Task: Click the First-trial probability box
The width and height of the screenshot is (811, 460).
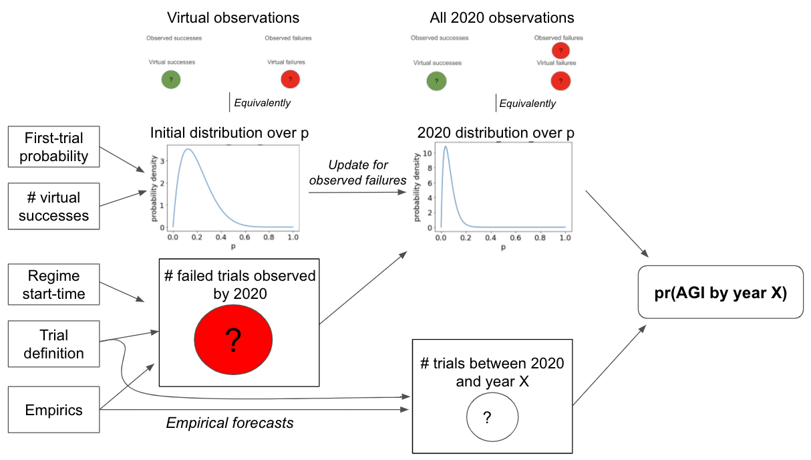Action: click(54, 147)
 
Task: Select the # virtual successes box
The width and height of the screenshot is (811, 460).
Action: click(54, 206)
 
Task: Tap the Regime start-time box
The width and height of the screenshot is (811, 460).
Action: click(54, 285)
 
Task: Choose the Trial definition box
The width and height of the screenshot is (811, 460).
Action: click(54, 344)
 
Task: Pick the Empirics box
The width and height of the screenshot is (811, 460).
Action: click(54, 410)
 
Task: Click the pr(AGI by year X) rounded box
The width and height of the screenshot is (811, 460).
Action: click(721, 292)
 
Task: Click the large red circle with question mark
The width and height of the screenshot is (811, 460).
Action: click(233, 340)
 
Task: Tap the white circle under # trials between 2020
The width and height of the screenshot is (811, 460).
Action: click(492, 417)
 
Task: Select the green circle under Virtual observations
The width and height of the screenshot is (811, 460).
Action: click(171, 80)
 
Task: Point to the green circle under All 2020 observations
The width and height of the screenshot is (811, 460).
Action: click(437, 81)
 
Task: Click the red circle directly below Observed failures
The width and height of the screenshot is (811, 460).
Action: click(561, 50)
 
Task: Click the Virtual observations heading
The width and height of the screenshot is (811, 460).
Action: click(233, 18)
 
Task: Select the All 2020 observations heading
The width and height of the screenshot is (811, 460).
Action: click(502, 18)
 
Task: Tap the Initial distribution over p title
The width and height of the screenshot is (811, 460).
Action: click(230, 132)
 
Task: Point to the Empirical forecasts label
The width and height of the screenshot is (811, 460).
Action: click(230, 423)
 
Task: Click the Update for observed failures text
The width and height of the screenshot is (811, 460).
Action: click(357, 172)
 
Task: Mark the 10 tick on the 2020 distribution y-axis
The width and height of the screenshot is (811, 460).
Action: click(428, 153)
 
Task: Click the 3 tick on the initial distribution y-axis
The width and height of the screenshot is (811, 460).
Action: click(162, 161)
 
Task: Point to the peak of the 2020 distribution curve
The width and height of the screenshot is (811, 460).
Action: click(446, 146)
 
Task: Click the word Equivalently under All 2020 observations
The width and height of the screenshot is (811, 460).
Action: click(528, 104)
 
